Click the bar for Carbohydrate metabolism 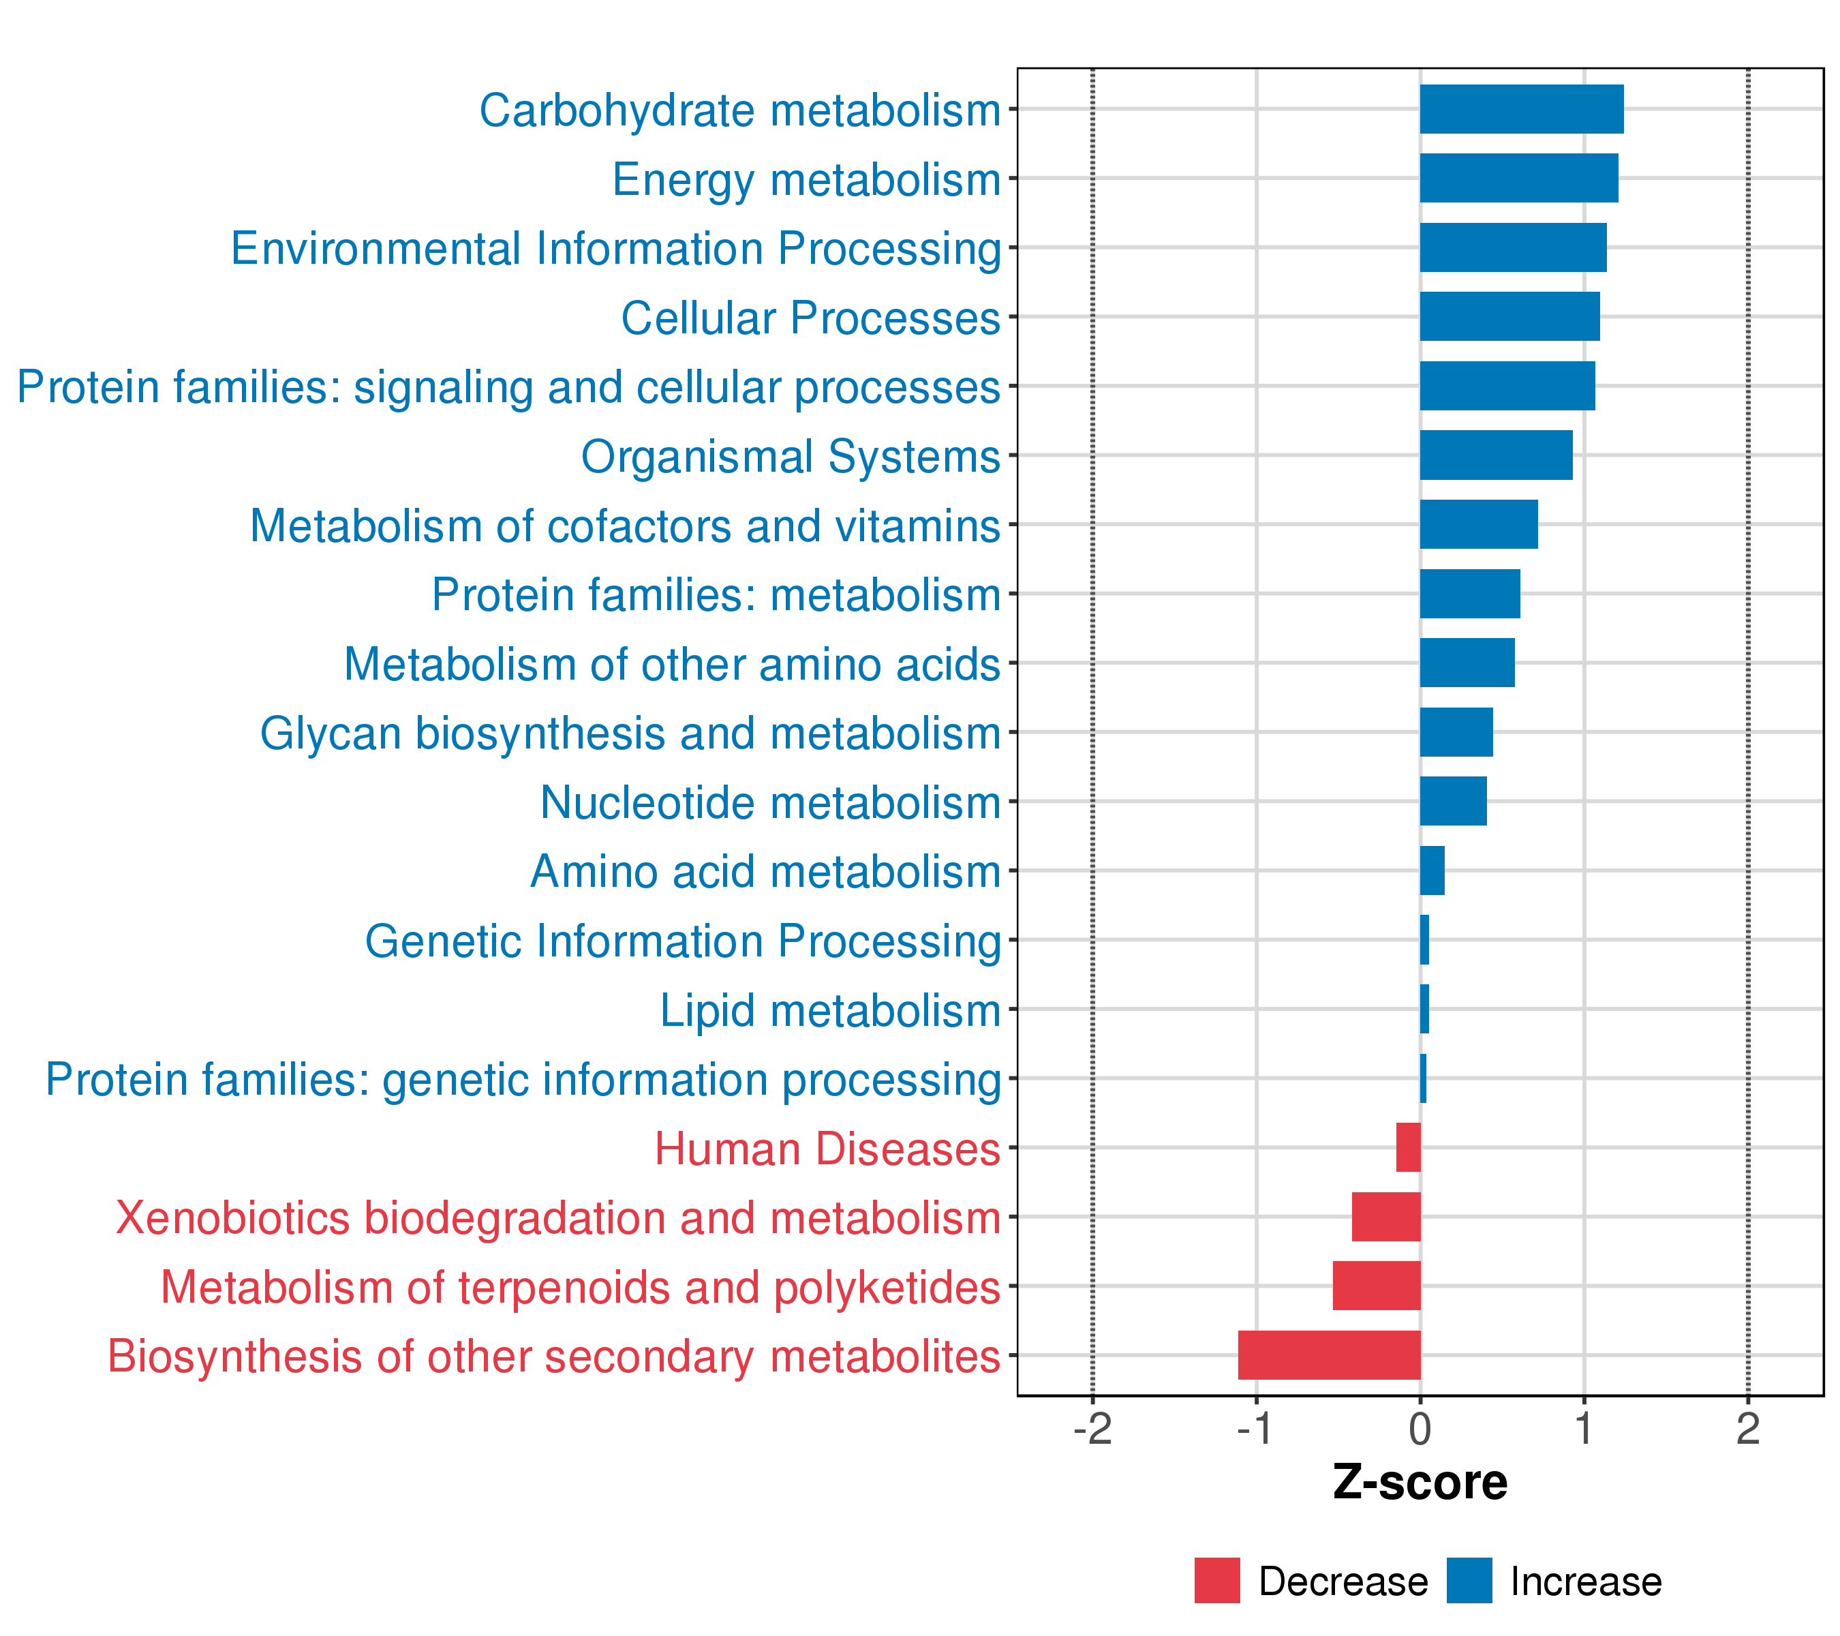pyautogui.click(x=1521, y=109)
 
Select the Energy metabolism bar pyautogui.click(x=1518, y=179)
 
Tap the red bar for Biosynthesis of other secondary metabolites pyautogui.click(x=1330, y=1355)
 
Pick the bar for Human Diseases pyautogui.click(x=1409, y=1147)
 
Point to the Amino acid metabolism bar pyautogui.click(x=1432, y=870)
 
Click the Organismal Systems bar pyautogui.click(x=1496, y=455)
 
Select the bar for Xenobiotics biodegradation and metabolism pyautogui.click(x=1386, y=1216)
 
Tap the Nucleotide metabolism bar pyautogui.click(x=1454, y=800)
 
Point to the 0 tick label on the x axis pyautogui.click(x=1420, y=1429)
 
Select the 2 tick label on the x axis pyautogui.click(x=1748, y=1429)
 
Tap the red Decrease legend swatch pyautogui.click(x=1217, y=1581)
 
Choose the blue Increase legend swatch pyautogui.click(x=1470, y=1581)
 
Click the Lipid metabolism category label pyautogui.click(x=830, y=1010)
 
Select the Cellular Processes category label pyautogui.click(x=811, y=318)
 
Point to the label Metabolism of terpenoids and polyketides pyautogui.click(x=581, y=1288)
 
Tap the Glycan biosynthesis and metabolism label pyautogui.click(x=630, y=733)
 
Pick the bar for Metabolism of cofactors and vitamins pyautogui.click(x=1479, y=524)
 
